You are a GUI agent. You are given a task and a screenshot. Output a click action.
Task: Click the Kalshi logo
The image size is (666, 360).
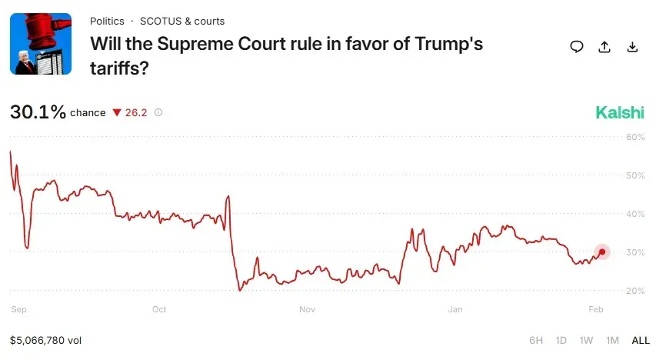point(620,113)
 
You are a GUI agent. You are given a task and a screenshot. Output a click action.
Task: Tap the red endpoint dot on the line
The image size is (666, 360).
point(601,252)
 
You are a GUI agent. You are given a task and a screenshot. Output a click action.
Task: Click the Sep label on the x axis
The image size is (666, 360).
point(19,310)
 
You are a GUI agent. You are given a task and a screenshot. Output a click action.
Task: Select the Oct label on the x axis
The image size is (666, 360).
point(159,310)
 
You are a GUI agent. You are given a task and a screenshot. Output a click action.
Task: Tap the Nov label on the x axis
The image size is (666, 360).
point(307,310)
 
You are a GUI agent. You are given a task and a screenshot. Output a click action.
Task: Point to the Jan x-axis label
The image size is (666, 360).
point(455,310)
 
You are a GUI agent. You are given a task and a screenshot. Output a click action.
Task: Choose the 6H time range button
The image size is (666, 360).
point(536,340)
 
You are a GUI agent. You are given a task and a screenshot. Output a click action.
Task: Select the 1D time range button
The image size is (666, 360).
point(561,340)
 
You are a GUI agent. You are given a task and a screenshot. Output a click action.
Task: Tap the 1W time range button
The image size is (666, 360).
point(586,340)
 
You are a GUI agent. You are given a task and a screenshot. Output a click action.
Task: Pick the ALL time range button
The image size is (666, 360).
point(641,340)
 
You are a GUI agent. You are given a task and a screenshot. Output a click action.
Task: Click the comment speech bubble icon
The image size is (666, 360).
point(577,47)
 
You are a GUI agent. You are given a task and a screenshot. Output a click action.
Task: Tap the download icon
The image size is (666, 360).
point(632,47)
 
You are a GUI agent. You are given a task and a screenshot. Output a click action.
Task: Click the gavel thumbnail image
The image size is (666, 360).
point(41,44)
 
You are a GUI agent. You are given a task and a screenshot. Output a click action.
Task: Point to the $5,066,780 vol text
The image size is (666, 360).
point(46,339)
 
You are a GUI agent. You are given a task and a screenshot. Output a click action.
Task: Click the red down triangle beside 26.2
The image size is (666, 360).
point(117,113)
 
